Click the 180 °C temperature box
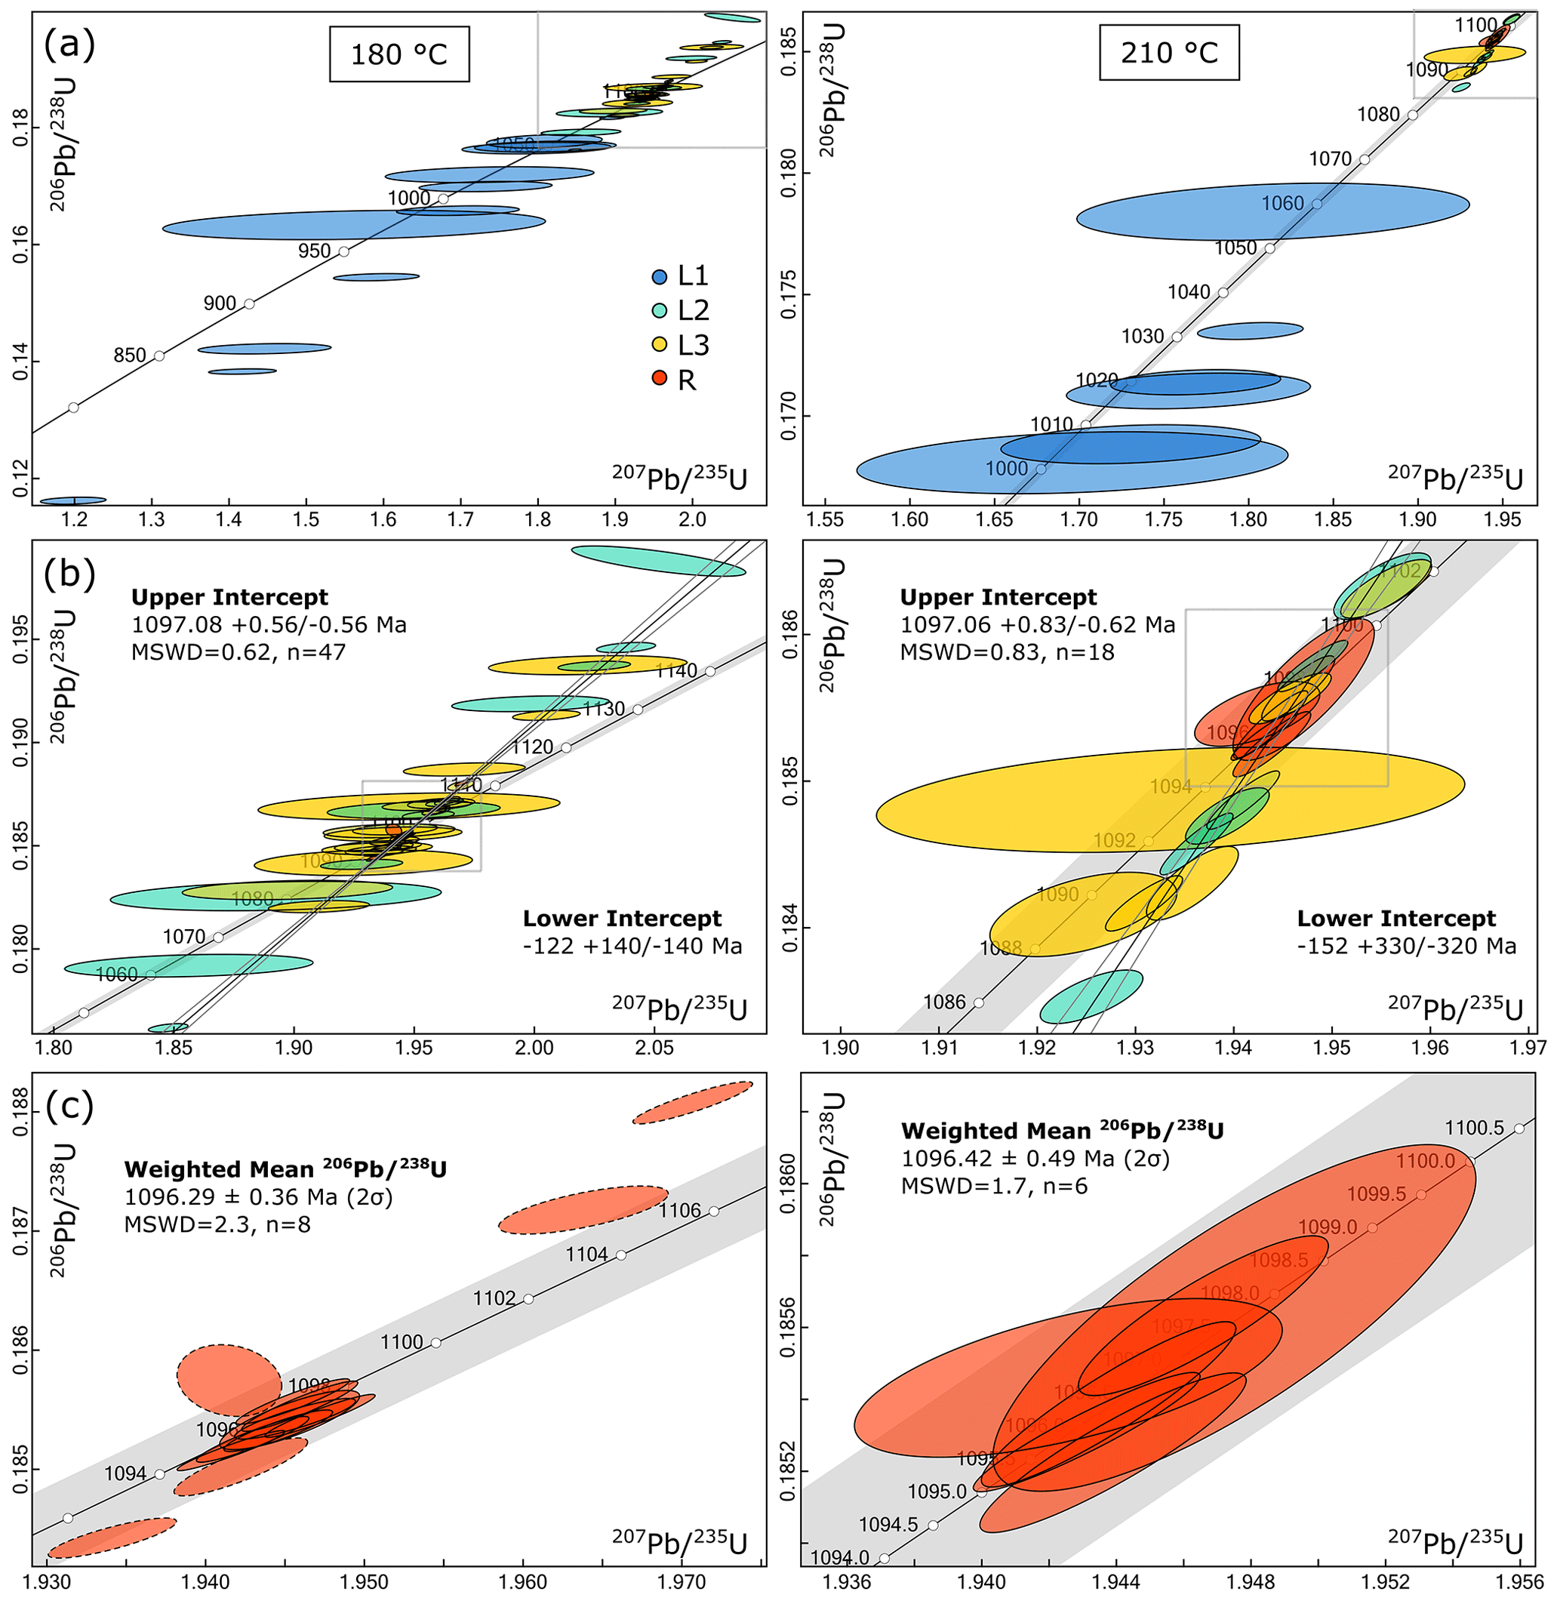pyautogui.click(x=399, y=54)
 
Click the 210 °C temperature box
pyautogui.click(x=1168, y=52)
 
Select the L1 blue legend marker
pyautogui.click(x=660, y=276)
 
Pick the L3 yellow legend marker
pyautogui.click(x=660, y=345)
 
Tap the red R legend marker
pyautogui.click(x=660, y=380)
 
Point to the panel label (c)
pyautogui.click(x=69, y=1106)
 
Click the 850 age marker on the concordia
pyautogui.click(x=159, y=355)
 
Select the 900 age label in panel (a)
pyautogui.click(x=220, y=304)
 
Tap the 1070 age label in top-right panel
pyautogui.click(x=1330, y=159)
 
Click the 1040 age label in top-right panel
pyautogui.click(x=1188, y=293)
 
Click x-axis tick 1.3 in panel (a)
pyautogui.click(x=152, y=519)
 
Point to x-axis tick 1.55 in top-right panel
pyautogui.click(x=825, y=519)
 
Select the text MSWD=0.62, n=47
pyautogui.click(x=238, y=652)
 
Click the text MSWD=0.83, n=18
pyautogui.click(x=1007, y=652)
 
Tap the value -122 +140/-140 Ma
pyautogui.click(x=632, y=947)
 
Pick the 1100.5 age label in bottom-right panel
pyautogui.click(x=1474, y=1128)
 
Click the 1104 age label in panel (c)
pyautogui.click(x=586, y=1254)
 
